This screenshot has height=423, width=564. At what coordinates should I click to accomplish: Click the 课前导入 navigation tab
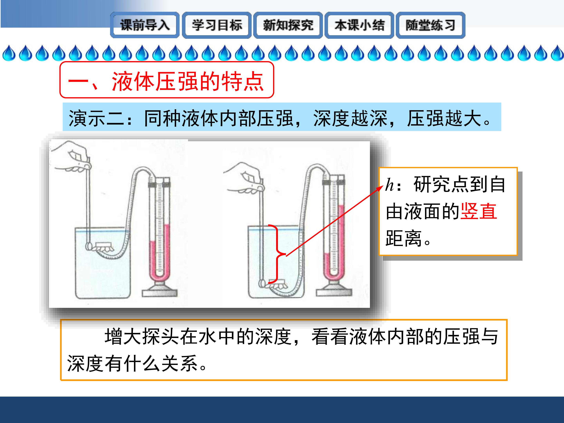[145, 25]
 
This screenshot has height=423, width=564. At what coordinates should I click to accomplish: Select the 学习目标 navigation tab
[217, 25]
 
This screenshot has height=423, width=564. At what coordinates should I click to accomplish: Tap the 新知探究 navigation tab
[288, 25]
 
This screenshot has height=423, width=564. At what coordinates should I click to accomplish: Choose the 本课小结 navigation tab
[359, 25]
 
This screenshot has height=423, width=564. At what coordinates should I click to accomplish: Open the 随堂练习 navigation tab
[430, 25]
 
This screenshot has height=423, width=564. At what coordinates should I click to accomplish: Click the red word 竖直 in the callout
[479, 211]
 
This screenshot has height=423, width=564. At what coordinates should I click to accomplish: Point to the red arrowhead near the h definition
[381, 188]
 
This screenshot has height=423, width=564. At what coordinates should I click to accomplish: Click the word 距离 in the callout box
[404, 238]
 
